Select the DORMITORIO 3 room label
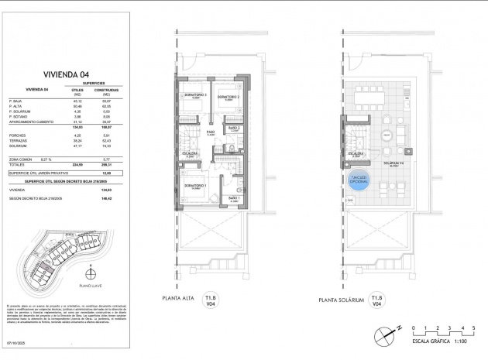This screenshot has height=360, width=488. pos(195,95)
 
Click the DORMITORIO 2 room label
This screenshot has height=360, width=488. pos(229,97)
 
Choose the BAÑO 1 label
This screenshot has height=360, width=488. pos(233,198)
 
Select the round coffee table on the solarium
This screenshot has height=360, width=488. pos(385,135)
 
